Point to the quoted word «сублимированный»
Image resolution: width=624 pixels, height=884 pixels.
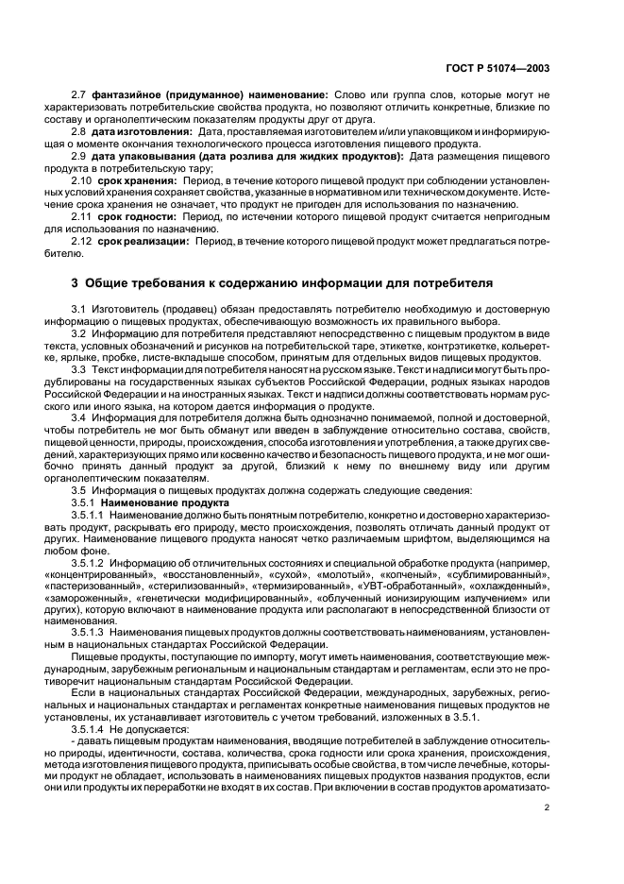505,574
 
